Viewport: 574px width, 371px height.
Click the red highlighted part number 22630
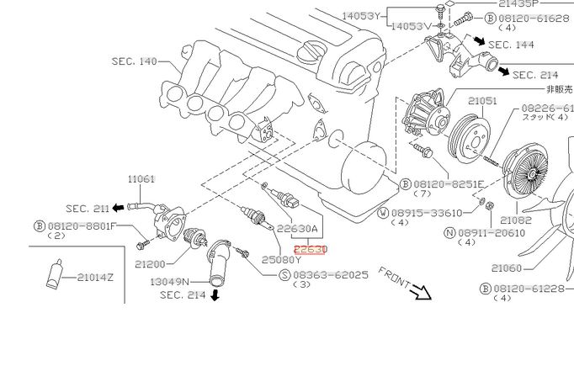(x=310, y=249)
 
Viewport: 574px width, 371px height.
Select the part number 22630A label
(x=297, y=228)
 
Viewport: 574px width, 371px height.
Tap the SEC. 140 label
(x=135, y=61)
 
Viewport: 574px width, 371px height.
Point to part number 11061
(x=142, y=179)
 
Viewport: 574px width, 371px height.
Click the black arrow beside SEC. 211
(x=119, y=207)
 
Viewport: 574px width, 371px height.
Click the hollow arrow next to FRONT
(x=419, y=291)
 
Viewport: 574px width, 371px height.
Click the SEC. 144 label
(x=511, y=44)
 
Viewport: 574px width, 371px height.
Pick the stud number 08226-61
(x=546, y=109)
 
